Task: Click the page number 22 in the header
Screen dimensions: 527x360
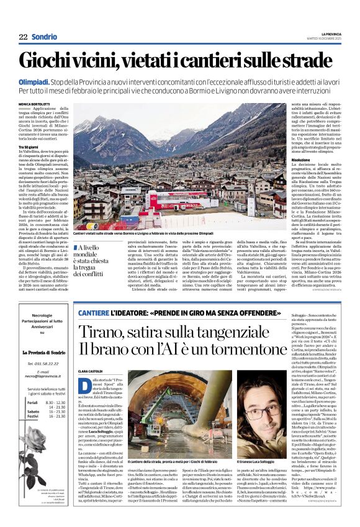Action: [x=23, y=37]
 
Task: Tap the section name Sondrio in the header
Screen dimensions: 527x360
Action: [x=45, y=37]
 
